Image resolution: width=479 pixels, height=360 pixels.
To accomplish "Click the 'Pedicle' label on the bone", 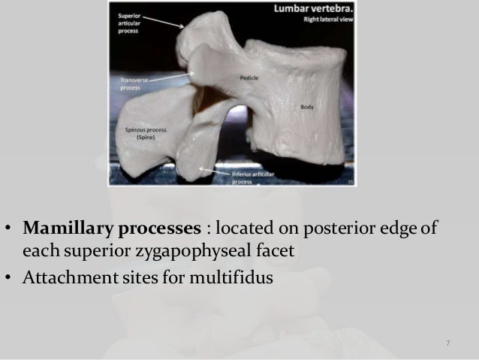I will point(249,77).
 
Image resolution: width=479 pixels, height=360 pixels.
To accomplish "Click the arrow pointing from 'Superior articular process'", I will point(166,22).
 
